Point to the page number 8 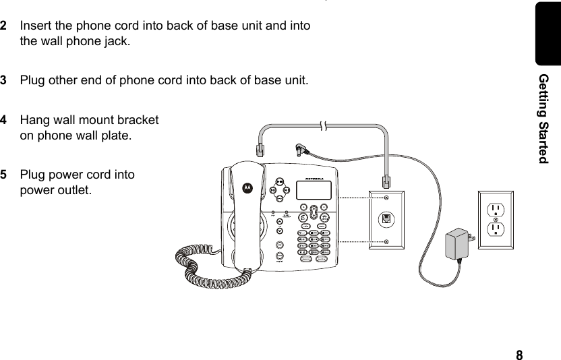coord(519,355)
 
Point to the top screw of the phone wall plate coord(386,198)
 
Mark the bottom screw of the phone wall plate coord(386,241)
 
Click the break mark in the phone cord coord(324,126)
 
